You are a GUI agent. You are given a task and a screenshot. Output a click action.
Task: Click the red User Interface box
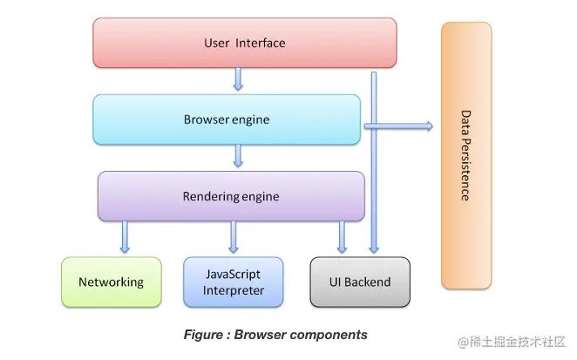pyautogui.click(x=244, y=43)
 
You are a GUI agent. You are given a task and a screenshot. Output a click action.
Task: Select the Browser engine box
pyautogui.click(x=227, y=119)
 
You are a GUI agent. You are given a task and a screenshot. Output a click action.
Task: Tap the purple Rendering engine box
pyautogui.click(x=231, y=196)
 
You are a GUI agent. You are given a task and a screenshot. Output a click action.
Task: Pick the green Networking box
pyautogui.click(x=111, y=282)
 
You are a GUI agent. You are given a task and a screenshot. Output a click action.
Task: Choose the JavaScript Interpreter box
pyautogui.click(x=234, y=282)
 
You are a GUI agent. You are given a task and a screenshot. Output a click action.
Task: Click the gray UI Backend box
pyautogui.click(x=360, y=282)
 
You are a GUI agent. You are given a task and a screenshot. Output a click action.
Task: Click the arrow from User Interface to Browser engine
pyautogui.click(x=238, y=80)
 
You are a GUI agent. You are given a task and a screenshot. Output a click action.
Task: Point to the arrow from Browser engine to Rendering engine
pyautogui.click(x=238, y=157)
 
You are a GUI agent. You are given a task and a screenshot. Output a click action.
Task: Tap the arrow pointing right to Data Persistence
pyautogui.click(x=398, y=126)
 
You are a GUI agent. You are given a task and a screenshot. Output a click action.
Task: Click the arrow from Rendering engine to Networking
pyautogui.click(x=125, y=237)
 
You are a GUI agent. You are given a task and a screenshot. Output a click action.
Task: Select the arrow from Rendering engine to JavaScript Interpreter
pyautogui.click(x=234, y=237)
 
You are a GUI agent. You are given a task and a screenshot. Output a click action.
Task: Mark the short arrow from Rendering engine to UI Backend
pyautogui.click(x=342, y=237)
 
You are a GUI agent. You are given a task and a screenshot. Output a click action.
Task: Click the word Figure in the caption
pyautogui.click(x=203, y=335)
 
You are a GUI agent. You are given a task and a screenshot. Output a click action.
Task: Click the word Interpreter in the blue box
pyautogui.click(x=234, y=290)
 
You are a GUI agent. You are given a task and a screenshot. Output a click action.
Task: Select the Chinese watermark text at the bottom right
pyautogui.click(x=513, y=341)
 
